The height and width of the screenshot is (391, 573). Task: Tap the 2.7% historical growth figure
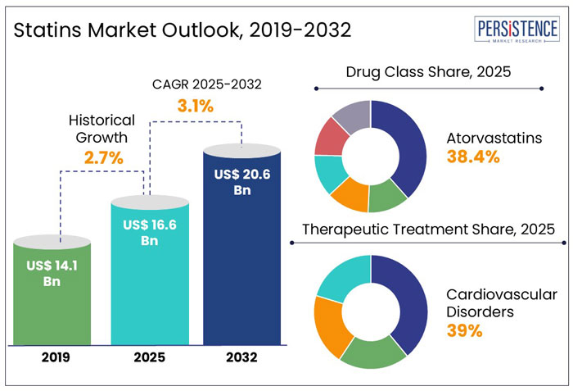pos(102,158)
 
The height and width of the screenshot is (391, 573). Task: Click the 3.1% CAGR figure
pos(196,106)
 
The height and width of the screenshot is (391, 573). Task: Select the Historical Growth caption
pos(102,129)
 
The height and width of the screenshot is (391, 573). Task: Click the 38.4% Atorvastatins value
pos(472,157)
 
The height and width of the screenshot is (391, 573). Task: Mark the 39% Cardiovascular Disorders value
pos(462,331)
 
